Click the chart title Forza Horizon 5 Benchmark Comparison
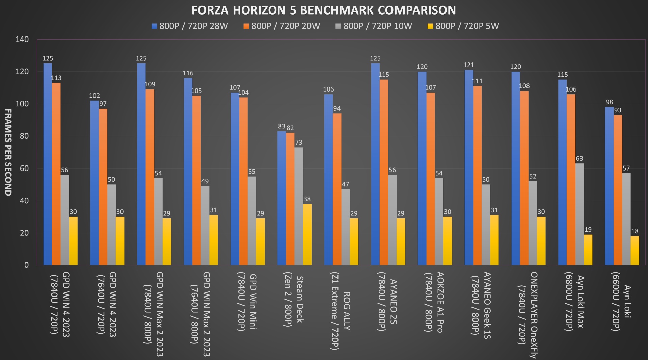click(x=324, y=10)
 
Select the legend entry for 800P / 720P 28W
click(x=190, y=26)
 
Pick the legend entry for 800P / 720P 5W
click(x=463, y=26)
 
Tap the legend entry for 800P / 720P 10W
click(x=374, y=26)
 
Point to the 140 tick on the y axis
click(x=22, y=39)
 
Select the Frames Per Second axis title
click(x=8, y=152)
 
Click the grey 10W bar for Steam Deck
click(x=299, y=206)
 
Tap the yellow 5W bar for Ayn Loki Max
click(x=588, y=250)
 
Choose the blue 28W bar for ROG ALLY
click(x=328, y=180)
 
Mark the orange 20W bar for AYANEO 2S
click(x=384, y=172)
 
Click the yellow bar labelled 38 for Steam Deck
click(x=307, y=234)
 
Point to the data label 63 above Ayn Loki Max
click(x=579, y=158)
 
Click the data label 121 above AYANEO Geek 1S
click(x=469, y=65)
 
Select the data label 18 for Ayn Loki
click(x=635, y=231)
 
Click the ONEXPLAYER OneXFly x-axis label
click(x=528, y=314)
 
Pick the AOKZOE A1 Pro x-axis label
click(x=434, y=302)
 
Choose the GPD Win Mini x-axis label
click(x=247, y=301)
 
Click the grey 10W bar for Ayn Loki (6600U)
click(x=626, y=219)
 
